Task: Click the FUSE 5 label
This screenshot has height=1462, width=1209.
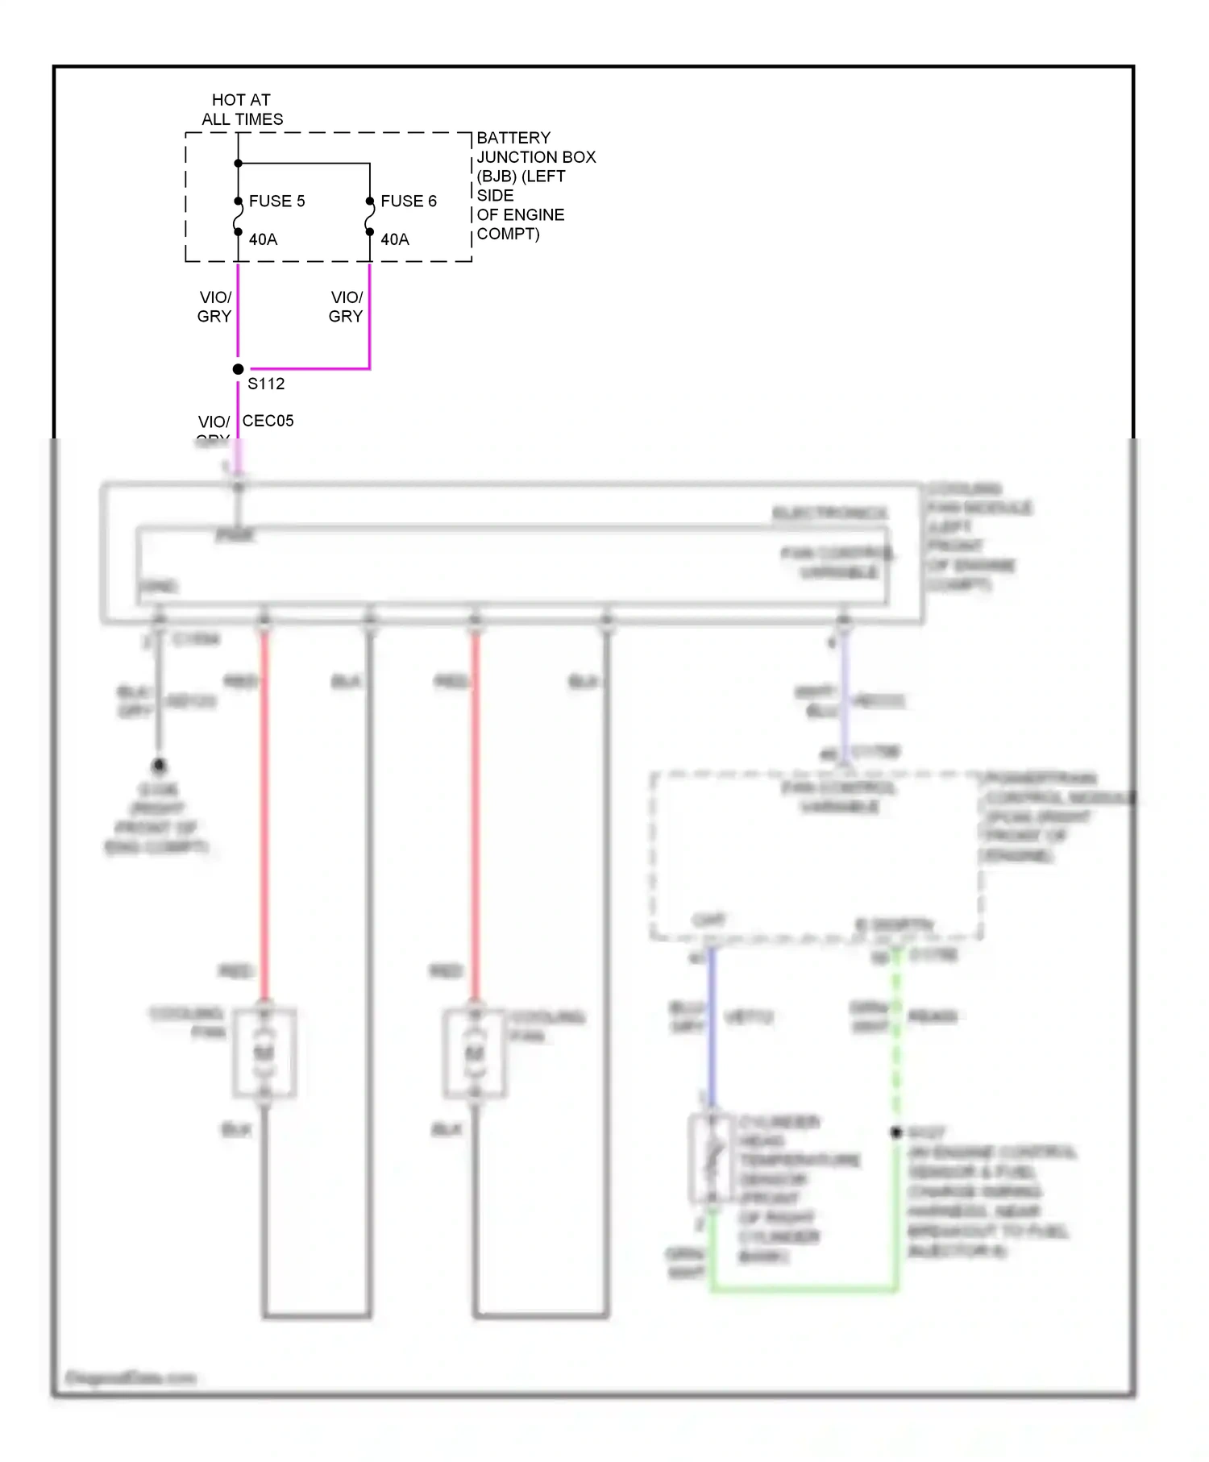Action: click(276, 201)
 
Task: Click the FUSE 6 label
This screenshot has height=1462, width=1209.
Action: click(408, 201)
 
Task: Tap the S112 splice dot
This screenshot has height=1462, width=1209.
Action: click(238, 369)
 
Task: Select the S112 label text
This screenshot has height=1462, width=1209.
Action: click(266, 384)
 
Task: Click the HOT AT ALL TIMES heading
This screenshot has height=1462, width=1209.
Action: click(242, 110)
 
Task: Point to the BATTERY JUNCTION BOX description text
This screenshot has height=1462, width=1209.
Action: click(535, 185)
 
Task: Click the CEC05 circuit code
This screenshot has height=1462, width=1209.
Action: click(268, 421)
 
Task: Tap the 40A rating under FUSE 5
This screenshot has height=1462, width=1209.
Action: click(263, 239)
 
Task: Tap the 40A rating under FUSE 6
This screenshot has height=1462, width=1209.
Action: click(394, 239)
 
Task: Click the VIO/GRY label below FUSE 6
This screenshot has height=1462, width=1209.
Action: click(346, 307)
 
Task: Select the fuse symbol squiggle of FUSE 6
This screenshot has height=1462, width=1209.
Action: click(369, 217)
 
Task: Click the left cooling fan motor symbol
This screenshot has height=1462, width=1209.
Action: click(264, 1053)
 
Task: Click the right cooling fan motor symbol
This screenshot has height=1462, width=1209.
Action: click(475, 1053)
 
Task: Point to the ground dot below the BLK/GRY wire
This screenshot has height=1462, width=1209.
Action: click(159, 764)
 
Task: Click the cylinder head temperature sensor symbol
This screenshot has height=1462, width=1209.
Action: click(712, 1159)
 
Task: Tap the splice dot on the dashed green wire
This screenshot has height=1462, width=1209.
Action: click(896, 1132)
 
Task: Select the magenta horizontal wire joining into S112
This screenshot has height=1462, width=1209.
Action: click(310, 369)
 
